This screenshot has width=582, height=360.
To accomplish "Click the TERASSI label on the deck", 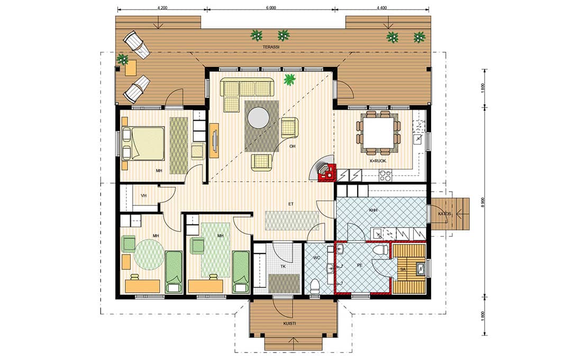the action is point(271,47).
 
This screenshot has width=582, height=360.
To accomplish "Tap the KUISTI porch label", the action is point(289,323).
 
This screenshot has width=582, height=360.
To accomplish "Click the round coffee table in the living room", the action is point(259,118).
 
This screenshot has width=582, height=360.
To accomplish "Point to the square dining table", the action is point(378,133).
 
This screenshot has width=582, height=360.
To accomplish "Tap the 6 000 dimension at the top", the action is point(271,8).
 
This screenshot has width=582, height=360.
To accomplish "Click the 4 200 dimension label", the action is point(162,8).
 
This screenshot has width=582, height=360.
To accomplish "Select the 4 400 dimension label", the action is point(382,8).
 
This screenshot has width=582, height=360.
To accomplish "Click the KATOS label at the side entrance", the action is point(444,214).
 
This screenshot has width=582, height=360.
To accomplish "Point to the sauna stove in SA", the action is point(421,268).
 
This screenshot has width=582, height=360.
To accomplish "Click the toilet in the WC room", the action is point(315,286).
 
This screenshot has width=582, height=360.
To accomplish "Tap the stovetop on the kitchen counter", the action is point(385,175).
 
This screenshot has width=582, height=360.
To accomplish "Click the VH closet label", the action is point(144,196).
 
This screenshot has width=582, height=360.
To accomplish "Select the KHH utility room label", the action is point(374,210).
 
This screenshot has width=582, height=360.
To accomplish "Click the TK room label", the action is point(283,266).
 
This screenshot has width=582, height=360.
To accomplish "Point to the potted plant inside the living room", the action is point(289,79).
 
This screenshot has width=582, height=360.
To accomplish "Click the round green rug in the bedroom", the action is point(149,255).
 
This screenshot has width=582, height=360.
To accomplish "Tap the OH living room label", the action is point(293,146).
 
